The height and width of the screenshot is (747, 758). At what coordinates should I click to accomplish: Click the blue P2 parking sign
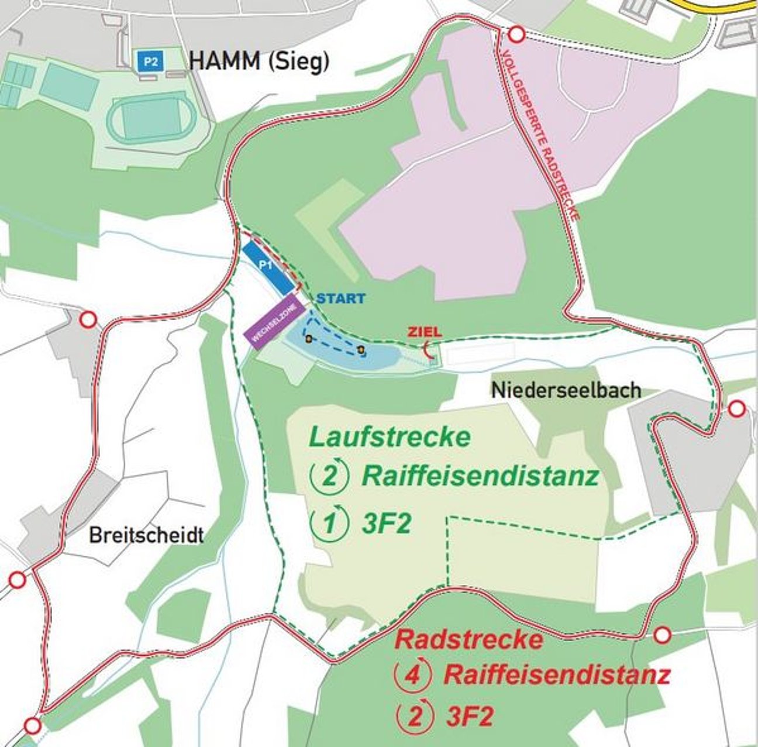pos(151,61)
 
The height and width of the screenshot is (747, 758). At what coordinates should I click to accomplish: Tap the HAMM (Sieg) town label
pos(259,61)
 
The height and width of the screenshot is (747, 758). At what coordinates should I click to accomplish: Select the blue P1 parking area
pos(268,268)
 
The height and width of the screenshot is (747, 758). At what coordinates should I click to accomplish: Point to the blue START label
pos(341,298)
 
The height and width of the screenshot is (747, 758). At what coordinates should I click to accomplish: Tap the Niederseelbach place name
pos(566,390)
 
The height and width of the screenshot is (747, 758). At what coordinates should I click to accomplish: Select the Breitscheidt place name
pos(146,535)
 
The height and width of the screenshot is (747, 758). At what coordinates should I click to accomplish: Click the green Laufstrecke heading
pos(390,437)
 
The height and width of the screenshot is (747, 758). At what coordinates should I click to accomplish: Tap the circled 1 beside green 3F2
pos(330,524)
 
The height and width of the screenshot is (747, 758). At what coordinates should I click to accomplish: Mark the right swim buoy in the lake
pos(360,350)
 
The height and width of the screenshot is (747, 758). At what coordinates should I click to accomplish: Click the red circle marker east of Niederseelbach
pos(736,408)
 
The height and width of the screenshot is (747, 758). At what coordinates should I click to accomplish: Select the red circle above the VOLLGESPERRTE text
pos(516,35)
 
